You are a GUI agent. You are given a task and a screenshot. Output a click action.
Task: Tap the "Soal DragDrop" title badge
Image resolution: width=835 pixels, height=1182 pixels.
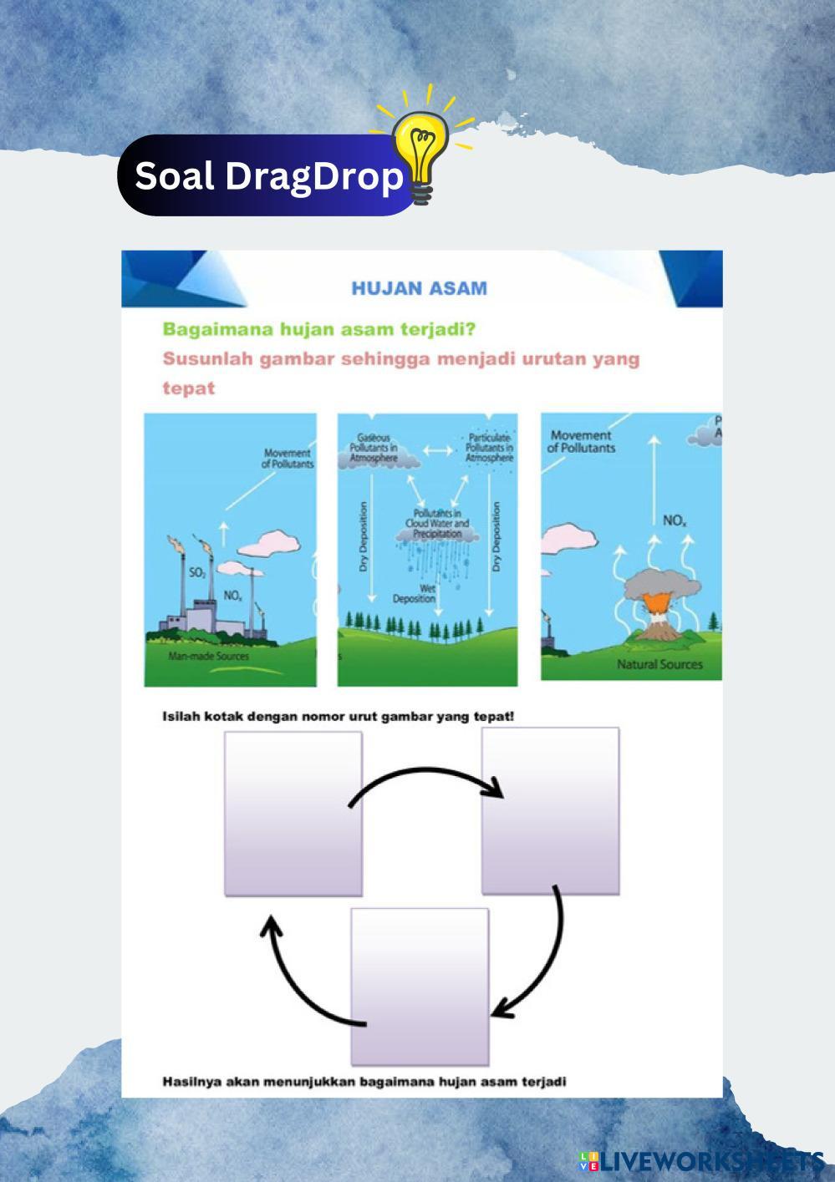pos(267,176)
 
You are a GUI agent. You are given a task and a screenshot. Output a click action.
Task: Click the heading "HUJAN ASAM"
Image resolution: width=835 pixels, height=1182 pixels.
pos(419,289)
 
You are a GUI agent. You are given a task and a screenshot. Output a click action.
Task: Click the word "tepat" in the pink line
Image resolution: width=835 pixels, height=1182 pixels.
pos(188,388)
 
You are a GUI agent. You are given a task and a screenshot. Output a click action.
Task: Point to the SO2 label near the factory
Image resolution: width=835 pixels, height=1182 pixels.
pos(197,572)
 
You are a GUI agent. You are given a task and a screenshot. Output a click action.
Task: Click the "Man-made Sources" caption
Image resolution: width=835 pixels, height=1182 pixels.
pos(208,657)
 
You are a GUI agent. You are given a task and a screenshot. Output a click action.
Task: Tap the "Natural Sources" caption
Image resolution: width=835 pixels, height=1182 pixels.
pos(659,665)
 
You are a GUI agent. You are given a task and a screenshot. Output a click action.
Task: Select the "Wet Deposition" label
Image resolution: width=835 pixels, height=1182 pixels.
pos(415,594)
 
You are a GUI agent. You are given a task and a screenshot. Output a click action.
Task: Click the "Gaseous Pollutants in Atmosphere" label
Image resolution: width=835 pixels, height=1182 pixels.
pos(373,449)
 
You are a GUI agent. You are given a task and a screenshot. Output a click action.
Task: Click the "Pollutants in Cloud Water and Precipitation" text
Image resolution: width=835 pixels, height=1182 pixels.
pos(437,523)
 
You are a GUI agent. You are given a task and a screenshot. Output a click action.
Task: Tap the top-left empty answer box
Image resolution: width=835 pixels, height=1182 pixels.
pos(293,814)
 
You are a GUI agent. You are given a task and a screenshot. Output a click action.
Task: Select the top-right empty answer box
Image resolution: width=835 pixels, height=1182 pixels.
pos(550,809)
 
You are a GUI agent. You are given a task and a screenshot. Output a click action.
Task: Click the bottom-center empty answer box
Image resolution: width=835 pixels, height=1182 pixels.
pos(419,986)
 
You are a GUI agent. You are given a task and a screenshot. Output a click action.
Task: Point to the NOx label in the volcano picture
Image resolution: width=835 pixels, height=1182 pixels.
pos(675,521)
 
